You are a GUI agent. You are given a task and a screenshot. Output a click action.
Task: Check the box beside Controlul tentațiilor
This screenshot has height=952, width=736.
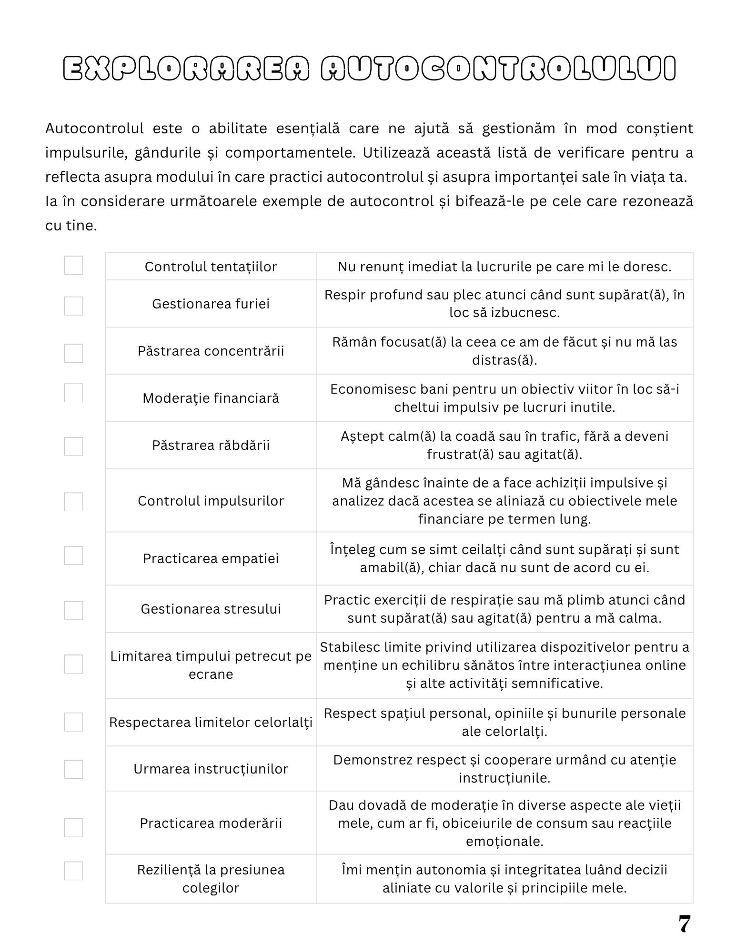tap(73, 265)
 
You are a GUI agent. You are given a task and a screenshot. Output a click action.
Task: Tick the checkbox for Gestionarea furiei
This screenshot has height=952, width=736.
tap(73, 306)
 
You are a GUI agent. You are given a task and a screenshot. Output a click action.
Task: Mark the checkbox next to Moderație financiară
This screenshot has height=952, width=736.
tap(73, 393)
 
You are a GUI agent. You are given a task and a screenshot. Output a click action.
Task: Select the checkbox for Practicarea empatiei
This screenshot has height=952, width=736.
tap(73, 555)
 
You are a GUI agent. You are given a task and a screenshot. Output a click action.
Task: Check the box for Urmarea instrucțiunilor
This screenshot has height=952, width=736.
tap(73, 769)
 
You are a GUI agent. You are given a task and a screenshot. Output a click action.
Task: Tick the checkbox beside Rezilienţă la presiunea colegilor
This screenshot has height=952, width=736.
tap(73, 871)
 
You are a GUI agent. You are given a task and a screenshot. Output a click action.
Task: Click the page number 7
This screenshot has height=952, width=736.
tap(684, 924)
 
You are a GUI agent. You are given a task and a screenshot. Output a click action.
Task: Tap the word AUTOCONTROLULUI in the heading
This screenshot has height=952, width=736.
tap(498, 69)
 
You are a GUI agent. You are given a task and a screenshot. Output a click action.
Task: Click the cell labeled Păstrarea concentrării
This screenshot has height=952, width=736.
tap(211, 351)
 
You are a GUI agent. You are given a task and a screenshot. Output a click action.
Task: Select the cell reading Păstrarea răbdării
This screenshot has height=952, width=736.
tap(211, 445)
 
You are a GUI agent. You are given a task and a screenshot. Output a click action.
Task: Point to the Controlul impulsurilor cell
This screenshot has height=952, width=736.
tap(211, 501)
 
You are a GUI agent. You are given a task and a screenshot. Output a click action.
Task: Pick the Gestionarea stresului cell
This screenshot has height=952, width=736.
tap(211, 609)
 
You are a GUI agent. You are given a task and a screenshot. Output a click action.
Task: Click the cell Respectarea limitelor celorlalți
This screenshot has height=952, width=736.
tap(211, 722)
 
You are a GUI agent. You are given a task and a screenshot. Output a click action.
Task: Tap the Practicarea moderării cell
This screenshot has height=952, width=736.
tap(211, 823)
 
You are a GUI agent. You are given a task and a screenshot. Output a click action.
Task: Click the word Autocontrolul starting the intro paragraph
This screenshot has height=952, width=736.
tap(94, 129)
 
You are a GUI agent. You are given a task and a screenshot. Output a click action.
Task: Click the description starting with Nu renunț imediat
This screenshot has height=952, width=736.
tap(504, 267)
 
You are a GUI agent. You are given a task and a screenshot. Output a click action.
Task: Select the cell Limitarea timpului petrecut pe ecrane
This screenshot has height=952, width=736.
tap(211, 665)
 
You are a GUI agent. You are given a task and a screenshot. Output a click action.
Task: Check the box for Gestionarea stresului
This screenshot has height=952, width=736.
tap(73, 610)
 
